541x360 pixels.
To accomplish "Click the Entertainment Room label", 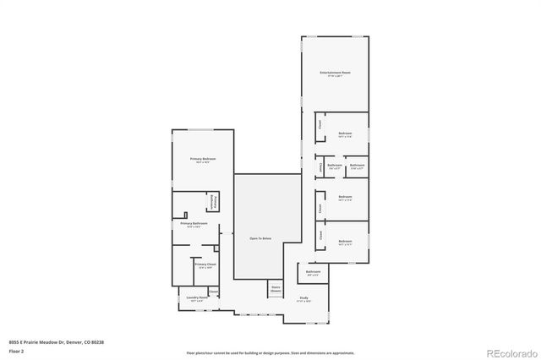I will (x=336, y=74).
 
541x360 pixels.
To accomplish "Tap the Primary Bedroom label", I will (x=203, y=160).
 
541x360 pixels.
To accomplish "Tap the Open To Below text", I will (x=260, y=239).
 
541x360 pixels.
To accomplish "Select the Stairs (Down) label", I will (x=276, y=288).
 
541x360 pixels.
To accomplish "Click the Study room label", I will (x=303, y=297).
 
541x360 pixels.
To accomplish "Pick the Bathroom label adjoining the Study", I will (x=313, y=272).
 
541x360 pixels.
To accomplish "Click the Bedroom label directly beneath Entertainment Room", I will (x=345, y=134).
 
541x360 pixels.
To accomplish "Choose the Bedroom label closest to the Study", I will (x=345, y=242).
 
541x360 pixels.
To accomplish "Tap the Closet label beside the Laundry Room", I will (x=212, y=292).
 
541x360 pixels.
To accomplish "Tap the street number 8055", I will (x=13, y=341).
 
